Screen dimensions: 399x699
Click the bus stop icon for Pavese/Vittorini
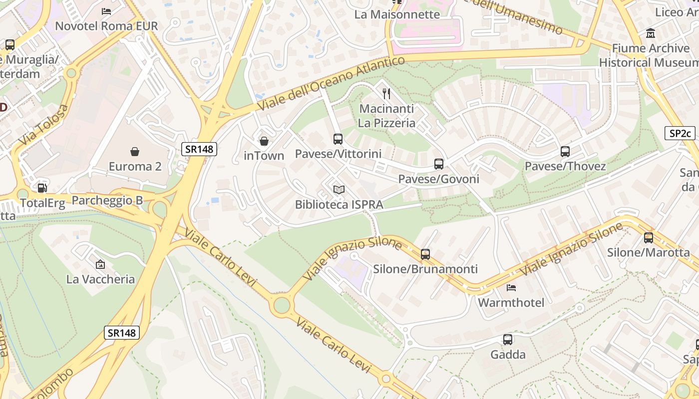click(x=338, y=139)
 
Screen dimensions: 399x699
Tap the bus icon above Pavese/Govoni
click(x=438, y=164)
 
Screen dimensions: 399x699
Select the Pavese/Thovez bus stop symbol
click(x=565, y=152)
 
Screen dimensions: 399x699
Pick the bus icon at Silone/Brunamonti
click(x=425, y=254)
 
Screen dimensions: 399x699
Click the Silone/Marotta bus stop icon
click(x=648, y=238)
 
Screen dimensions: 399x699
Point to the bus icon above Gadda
click(x=508, y=340)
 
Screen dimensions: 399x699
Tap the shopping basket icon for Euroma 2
click(x=134, y=152)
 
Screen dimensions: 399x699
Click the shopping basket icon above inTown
click(x=264, y=142)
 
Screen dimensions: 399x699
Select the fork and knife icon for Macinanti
click(x=386, y=94)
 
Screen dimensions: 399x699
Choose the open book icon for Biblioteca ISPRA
click(x=339, y=190)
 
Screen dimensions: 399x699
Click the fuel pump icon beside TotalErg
click(x=42, y=188)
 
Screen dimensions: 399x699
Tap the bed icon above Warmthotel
click(x=511, y=288)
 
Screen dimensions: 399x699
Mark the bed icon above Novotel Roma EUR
click(x=106, y=11)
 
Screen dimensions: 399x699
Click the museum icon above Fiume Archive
click(x=650, y=33)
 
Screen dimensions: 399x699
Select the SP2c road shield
click(x=680, y=133)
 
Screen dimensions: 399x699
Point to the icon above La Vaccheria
click(x=100, y=264)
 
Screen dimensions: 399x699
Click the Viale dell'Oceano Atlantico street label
click(x=332, y=84)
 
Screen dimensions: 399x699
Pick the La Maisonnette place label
click(x=397, y=14)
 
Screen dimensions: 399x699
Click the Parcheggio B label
click(x=107, y=200)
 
